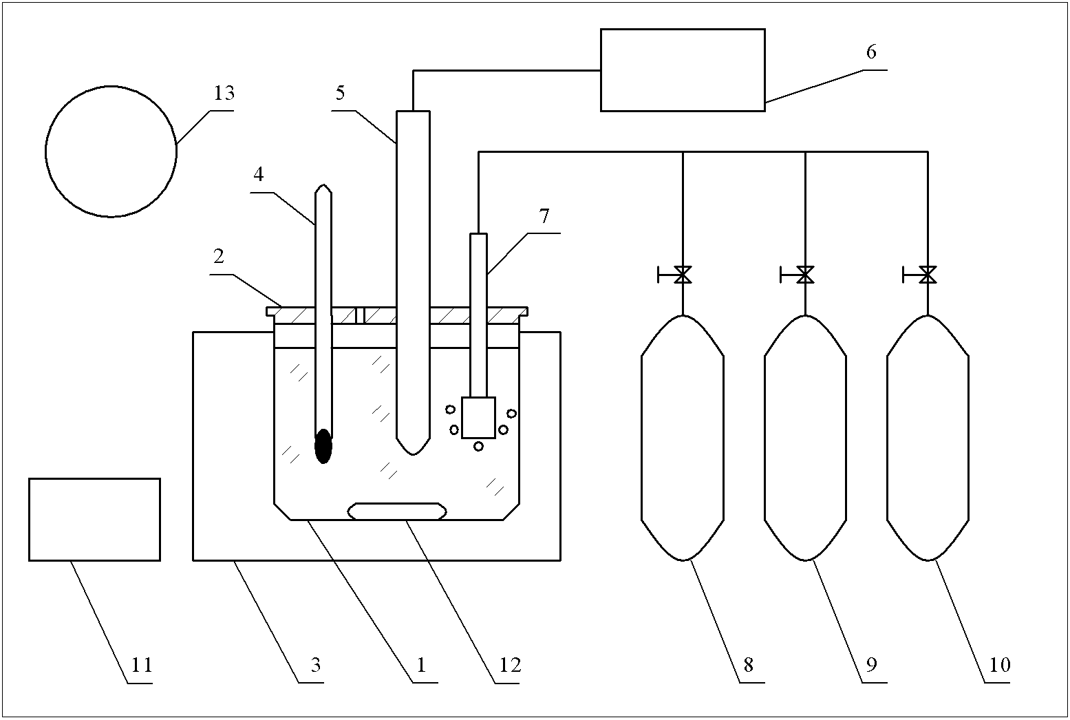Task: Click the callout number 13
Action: tap(224, 93)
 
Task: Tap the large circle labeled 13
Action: tap(45, 152)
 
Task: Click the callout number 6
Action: tap(871, 52)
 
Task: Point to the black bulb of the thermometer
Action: tap(323, 446)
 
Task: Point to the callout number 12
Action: tap(510, 665)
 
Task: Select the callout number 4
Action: tap(259, 175)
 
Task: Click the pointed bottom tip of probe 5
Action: tap(413, 455)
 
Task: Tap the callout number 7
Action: tap(544, 216)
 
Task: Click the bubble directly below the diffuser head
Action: tap(478, 446)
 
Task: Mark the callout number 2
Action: tap(219, 257)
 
